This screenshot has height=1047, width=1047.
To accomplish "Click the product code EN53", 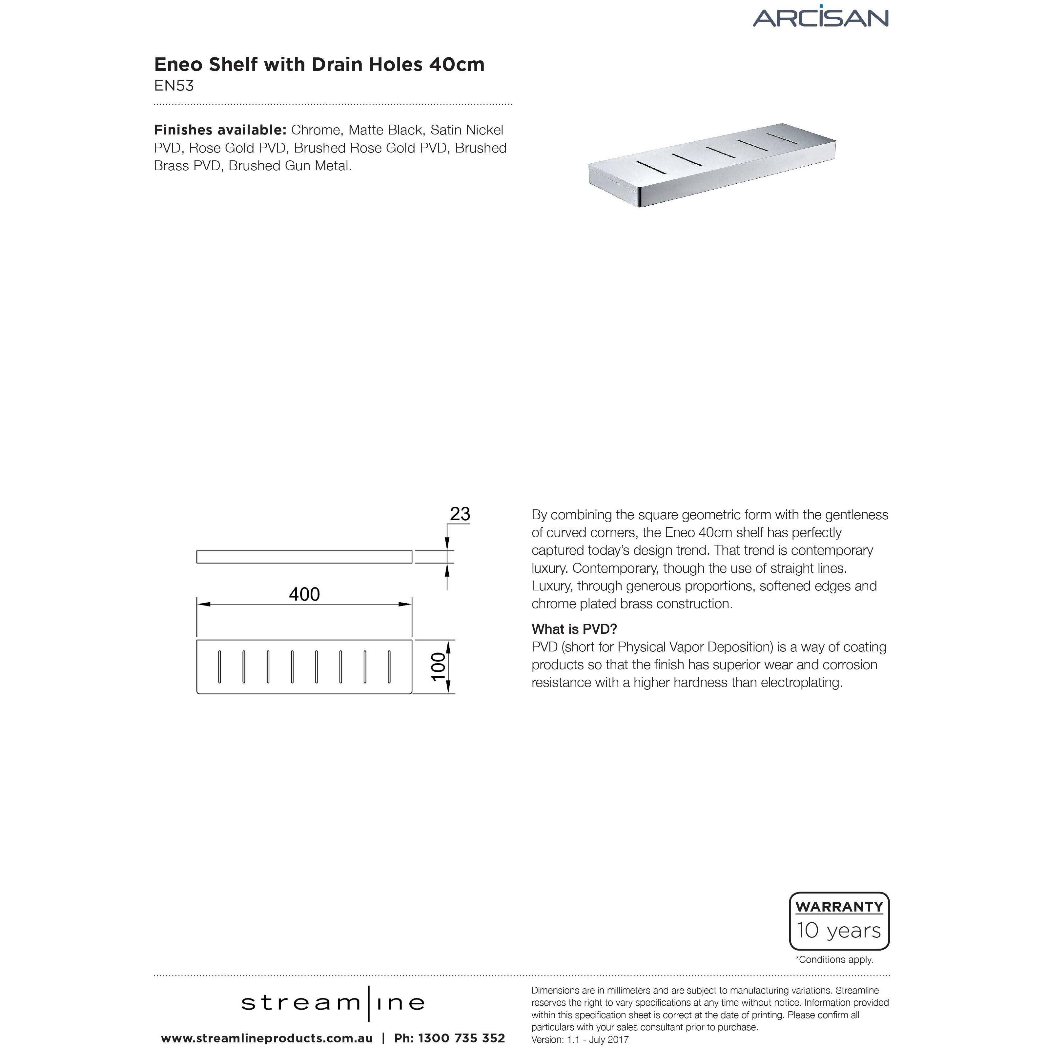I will click(x=174, y=86).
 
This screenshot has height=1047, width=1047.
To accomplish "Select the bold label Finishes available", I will click(x=219, y=130).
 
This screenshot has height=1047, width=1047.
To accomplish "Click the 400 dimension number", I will click(x=304, y=594).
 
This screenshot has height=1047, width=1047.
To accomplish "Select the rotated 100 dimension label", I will click(x=439, y=666).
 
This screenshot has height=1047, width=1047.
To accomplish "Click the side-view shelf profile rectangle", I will click(x=304, y=557).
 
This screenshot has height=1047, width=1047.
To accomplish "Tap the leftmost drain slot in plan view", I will click(x=219, y=666).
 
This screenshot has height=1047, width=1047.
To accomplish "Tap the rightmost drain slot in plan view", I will click(x=389, y=666).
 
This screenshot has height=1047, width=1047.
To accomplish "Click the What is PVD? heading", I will click(x=574, y=629).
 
